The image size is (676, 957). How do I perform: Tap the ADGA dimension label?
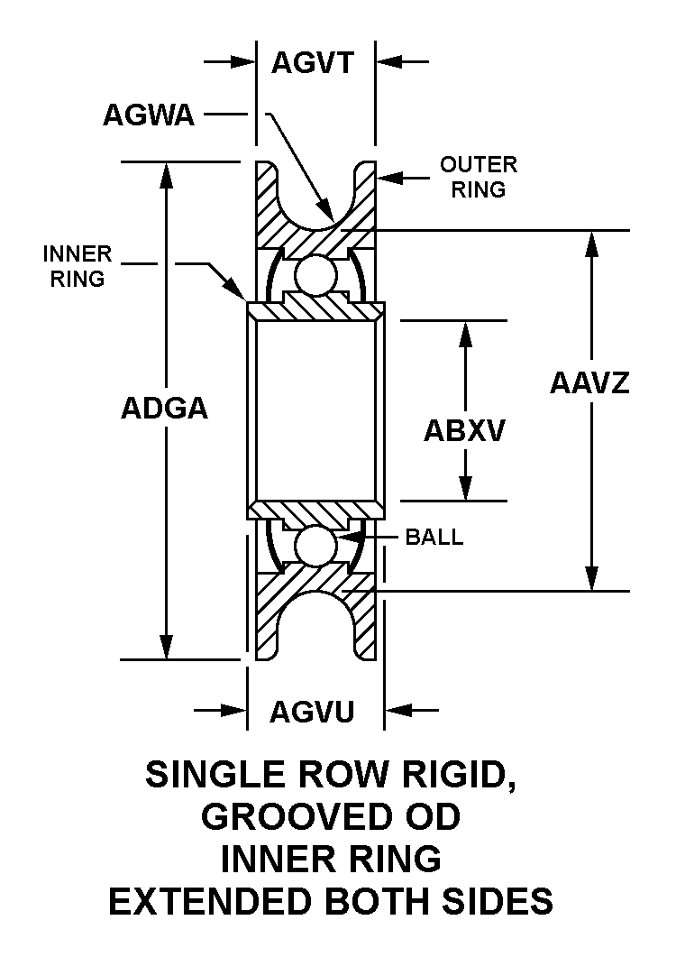click(164, 408)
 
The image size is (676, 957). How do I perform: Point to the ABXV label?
click(464, 431)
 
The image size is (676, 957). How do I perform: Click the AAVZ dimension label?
click(589, 382)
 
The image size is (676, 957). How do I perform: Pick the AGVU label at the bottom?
click(312, 712)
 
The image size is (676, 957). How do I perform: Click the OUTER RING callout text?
click(479, 177)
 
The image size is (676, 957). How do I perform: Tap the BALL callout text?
click(434, 538)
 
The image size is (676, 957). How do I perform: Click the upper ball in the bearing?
click(315, 275)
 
